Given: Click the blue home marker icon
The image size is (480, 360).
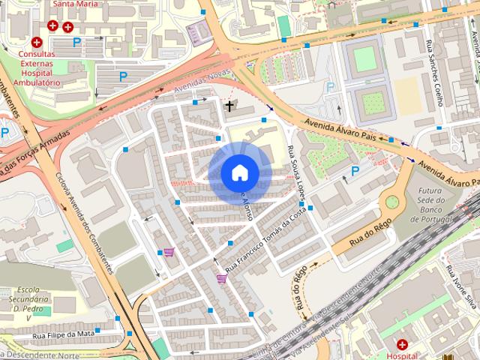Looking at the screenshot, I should tap(238, 173).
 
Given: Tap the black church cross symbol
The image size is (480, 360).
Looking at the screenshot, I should tap(229, 106).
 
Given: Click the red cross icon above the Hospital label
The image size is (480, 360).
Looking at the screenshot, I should tap(403, 344).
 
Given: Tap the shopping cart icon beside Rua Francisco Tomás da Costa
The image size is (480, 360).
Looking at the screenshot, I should tap(221, 278).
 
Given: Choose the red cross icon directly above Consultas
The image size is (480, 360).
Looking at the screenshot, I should tap(37, 43).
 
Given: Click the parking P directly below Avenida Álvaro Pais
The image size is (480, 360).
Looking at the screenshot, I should tap(355, 172).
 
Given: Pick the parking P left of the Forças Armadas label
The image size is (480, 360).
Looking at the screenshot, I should tap(5, 133).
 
